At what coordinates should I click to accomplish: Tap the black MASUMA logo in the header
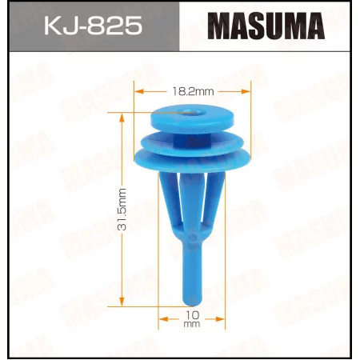coord(268,27)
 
